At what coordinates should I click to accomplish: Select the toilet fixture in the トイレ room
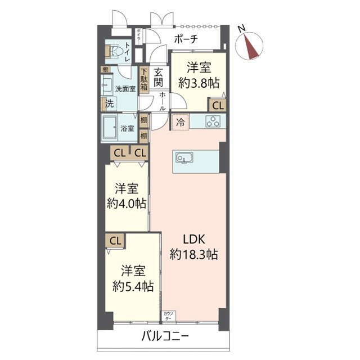point(114,52)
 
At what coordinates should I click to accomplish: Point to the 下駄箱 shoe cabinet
point(144,79)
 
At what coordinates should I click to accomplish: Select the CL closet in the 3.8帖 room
point(218,105)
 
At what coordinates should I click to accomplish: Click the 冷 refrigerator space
point(181,121)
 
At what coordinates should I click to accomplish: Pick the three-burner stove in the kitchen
point(214,121)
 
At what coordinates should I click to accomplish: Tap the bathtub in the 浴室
point(111,128)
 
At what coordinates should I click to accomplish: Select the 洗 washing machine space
point(110,104)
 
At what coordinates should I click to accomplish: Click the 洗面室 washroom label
point(124,89)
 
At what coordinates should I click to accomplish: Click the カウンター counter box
point(168,316)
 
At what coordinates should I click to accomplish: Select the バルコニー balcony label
point(165,337)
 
